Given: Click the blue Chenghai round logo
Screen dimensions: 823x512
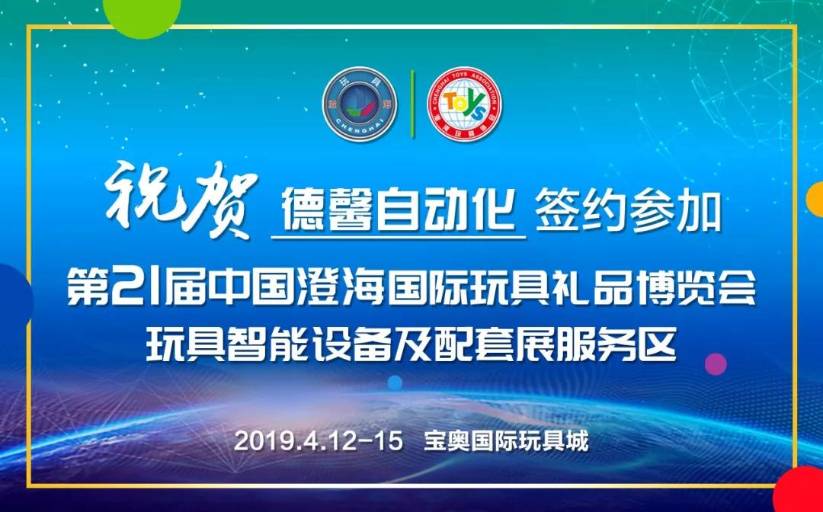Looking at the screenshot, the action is [x=360, y=104].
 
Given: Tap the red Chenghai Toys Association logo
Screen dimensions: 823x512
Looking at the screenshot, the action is [x=465, y=104].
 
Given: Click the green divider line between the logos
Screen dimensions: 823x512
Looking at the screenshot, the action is [x=412, y=104].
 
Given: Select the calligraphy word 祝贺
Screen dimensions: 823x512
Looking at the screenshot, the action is [x=181, y=200].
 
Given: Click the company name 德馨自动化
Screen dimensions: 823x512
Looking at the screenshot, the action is [x=399, y=210].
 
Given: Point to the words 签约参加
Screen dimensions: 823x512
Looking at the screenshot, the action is [x=628, y=211].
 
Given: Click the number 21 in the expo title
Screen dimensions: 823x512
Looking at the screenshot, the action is [x=135, y=287].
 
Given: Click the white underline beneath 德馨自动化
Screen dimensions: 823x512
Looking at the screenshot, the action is [x=399, y=238].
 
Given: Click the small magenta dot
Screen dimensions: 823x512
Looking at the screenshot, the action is [x=716, y=364].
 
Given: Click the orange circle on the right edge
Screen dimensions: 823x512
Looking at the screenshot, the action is [x=816, y=200].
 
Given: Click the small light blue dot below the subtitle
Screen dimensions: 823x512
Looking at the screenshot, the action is [x=395, y=383].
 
